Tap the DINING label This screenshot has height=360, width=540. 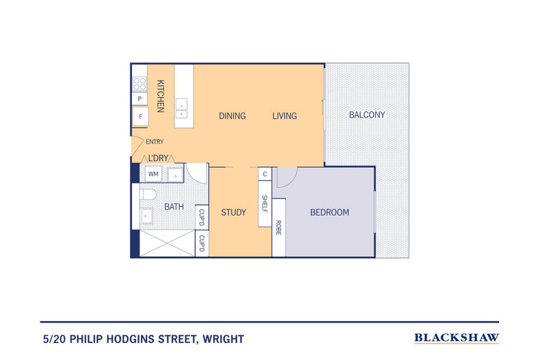click(x=232, y=116)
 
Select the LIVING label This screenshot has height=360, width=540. click(x=284, y=116)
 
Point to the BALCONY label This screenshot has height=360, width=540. click(x=367, y=115)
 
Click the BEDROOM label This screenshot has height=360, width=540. click(x=329, y=212)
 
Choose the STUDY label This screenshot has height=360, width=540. click(x=233, y=212)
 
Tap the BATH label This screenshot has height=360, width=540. click(x=173, y=206)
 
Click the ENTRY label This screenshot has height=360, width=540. click(x=154, y=142)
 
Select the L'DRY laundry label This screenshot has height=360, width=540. click(x=158, y=158)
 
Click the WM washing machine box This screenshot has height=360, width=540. click(x=153, y=175)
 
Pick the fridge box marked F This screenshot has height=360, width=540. click(x=140, y=117)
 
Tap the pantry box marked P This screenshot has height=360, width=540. click(x=139, y=99)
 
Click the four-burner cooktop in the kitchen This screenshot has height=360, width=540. click(x=139, y=84)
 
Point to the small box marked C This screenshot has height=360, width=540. click(x=265, y=174)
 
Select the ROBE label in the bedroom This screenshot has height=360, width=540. click(x=279, y=227)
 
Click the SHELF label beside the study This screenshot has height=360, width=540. click(x=265, y=204)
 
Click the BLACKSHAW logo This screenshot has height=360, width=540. click(x=457, y=337)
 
